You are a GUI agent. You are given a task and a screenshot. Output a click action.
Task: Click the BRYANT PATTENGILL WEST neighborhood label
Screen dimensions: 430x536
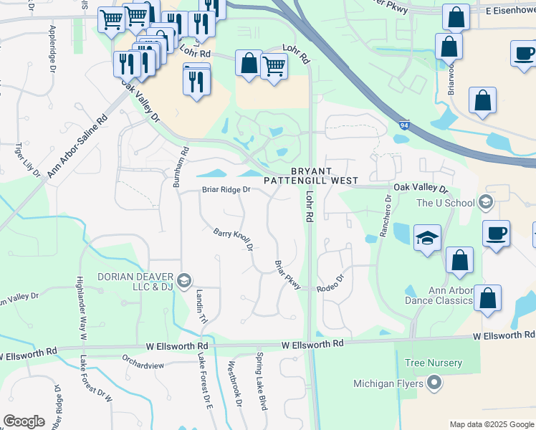(x=310, y=176)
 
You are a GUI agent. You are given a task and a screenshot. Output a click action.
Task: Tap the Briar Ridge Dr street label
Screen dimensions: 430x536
(x=225, y=190)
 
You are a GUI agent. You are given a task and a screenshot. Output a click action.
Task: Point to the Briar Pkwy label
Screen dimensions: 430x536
(x=287, y=275)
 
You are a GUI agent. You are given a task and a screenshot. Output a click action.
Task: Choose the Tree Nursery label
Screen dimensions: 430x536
(x=434, y=363)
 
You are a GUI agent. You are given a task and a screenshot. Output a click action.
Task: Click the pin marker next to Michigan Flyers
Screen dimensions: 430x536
(x=434, y=383)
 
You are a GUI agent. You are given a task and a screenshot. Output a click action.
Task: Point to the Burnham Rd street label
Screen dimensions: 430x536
(x=180, y=168)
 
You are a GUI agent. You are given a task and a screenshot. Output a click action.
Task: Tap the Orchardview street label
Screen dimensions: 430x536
(x=143, y=365)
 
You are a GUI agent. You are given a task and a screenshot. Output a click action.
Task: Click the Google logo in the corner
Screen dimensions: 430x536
(x=24, y=421)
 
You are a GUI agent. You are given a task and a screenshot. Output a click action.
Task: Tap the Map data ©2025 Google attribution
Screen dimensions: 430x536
(x=491, y=424)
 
